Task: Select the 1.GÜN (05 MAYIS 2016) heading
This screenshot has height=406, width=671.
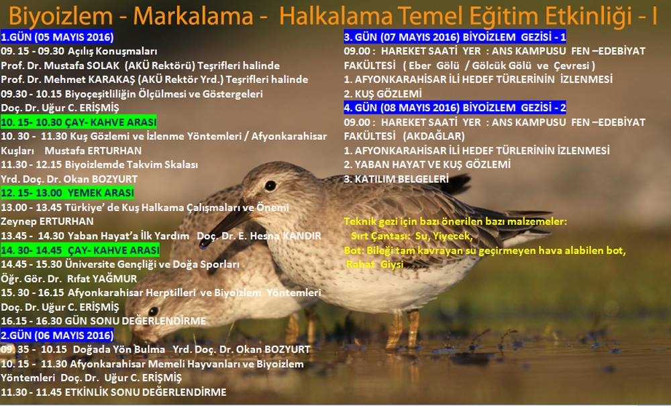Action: coord(57,37)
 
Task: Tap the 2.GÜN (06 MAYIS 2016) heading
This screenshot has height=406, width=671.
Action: coord(57,334)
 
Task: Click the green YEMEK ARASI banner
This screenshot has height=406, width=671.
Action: coord(67,193)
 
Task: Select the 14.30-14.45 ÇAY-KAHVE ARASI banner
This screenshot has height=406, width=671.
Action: coord(80,250)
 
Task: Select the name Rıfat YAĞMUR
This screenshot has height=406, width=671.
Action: coord(98,279)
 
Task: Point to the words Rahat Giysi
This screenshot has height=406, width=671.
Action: coord(375,265)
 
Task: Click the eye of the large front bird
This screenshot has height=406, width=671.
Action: coord(270,185)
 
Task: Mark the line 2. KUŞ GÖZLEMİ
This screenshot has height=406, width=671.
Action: coord(383,94)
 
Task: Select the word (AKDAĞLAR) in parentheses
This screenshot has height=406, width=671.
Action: coord(435,136)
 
